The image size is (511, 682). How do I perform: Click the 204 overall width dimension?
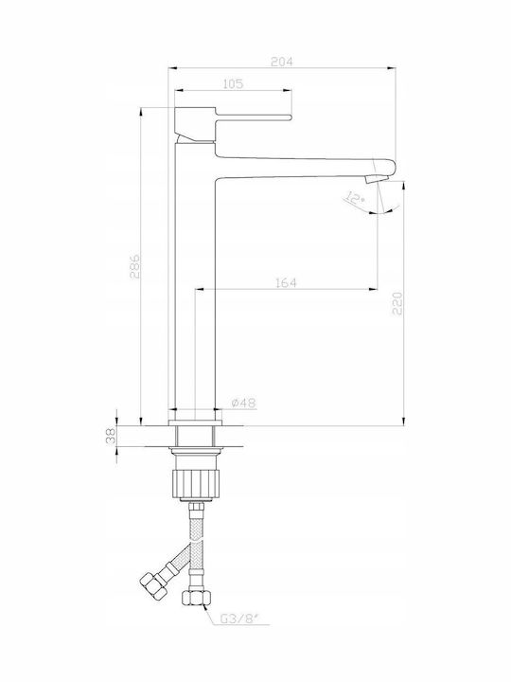pyautogui.click(x=282, y=62)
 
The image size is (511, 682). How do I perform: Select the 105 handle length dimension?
pyautogui.click(x=233, y=84)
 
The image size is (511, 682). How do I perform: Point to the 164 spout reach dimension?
pyautogui.click(x=286, y=282)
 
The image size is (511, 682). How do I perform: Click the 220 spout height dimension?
pyautogui.click(x=397, y=304)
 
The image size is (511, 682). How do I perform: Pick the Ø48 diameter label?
pyautogui.click(x=243, y=404)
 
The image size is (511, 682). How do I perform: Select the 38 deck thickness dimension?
pyautogui.click(x=111, y=436)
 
